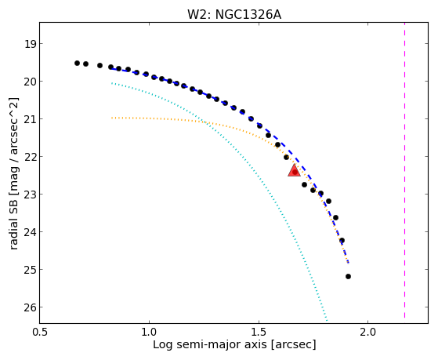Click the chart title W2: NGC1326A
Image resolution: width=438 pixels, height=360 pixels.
tap(234, 15)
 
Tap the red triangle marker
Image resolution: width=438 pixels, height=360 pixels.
tap(294, 170)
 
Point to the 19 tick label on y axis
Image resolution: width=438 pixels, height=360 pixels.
tap(30, 44)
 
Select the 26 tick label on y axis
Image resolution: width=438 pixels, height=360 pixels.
tap(30, 307)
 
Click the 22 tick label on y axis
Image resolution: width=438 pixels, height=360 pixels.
tap(30, 157)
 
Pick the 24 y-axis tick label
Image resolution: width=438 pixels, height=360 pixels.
tap(30, 232)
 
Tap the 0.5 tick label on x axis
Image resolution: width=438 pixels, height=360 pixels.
tap(40, 333)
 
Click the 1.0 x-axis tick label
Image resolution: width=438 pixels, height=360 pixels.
tap(149, 333)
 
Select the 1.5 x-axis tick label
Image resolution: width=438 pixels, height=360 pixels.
tap(259, 333)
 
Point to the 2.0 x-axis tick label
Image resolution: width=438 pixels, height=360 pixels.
tap(368, 333)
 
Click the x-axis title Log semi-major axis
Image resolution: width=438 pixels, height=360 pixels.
tap(209, 344)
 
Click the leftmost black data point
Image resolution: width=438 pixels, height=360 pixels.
tap(77, 64)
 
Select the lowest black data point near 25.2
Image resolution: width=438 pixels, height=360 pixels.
tap(348, 276)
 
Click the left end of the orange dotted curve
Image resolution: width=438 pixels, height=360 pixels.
tap(112, 118)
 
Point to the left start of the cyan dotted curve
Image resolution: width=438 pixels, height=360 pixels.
tap(112, 83)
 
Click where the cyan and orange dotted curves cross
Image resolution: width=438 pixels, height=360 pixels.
tap(206, 122)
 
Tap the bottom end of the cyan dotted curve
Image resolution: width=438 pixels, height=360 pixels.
tap(327, 321)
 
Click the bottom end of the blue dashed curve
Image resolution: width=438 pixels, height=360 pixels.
tap(349, 263)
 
